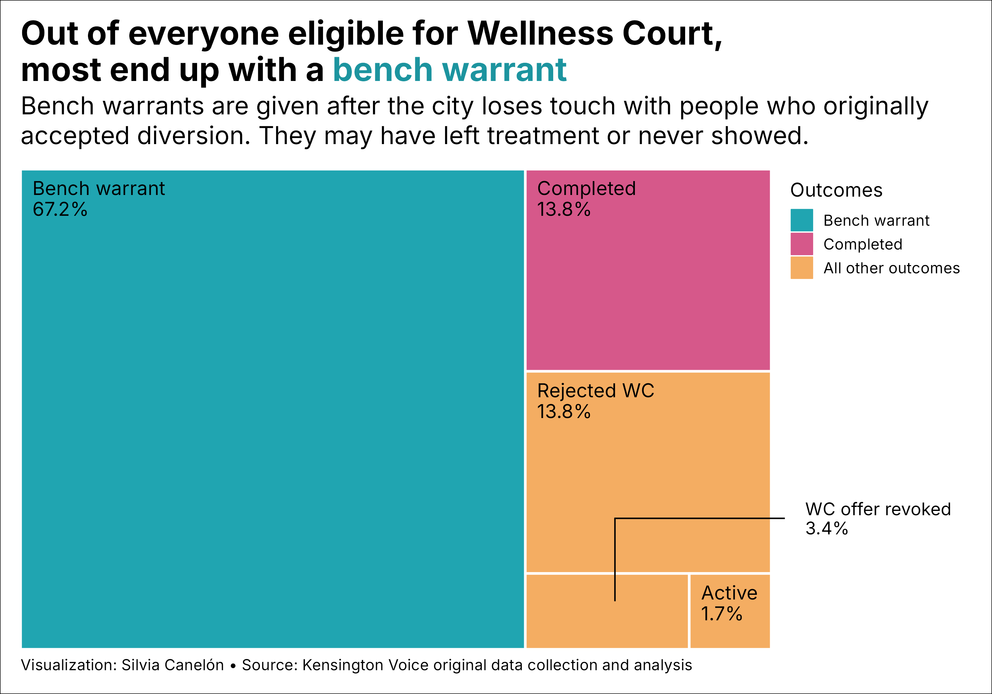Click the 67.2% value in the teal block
tap(60, 210)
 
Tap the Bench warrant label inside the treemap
tap(99, 189)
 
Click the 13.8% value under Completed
tap(563, 210)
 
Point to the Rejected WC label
tap(596, 391)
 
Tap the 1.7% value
tap(722, 614)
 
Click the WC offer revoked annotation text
tap(878, 510)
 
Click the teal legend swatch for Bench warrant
tap(802, 220)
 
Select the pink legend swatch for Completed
tap(802, 244)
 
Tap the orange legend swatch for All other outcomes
tap(802, 268)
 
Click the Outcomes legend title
tap(836, 190)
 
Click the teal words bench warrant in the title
tap(449, 70)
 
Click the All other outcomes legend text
tap(891, 268)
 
